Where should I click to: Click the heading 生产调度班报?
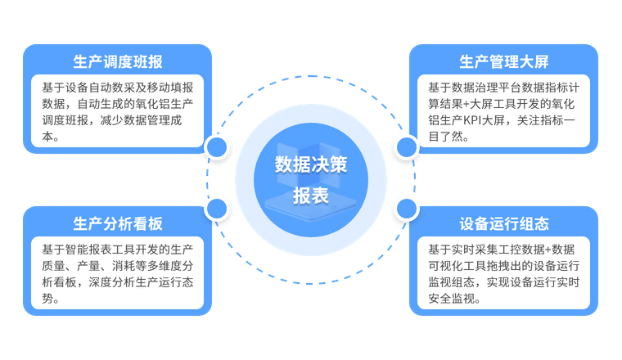tap(118, 61)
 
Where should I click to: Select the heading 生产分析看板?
tap(118, 223)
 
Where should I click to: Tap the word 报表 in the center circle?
tap(311, 196)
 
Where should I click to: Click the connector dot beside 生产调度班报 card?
tap(217, 146)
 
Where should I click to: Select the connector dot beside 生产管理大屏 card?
tap(406, 146)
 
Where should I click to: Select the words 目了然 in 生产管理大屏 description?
tap(448, 137)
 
